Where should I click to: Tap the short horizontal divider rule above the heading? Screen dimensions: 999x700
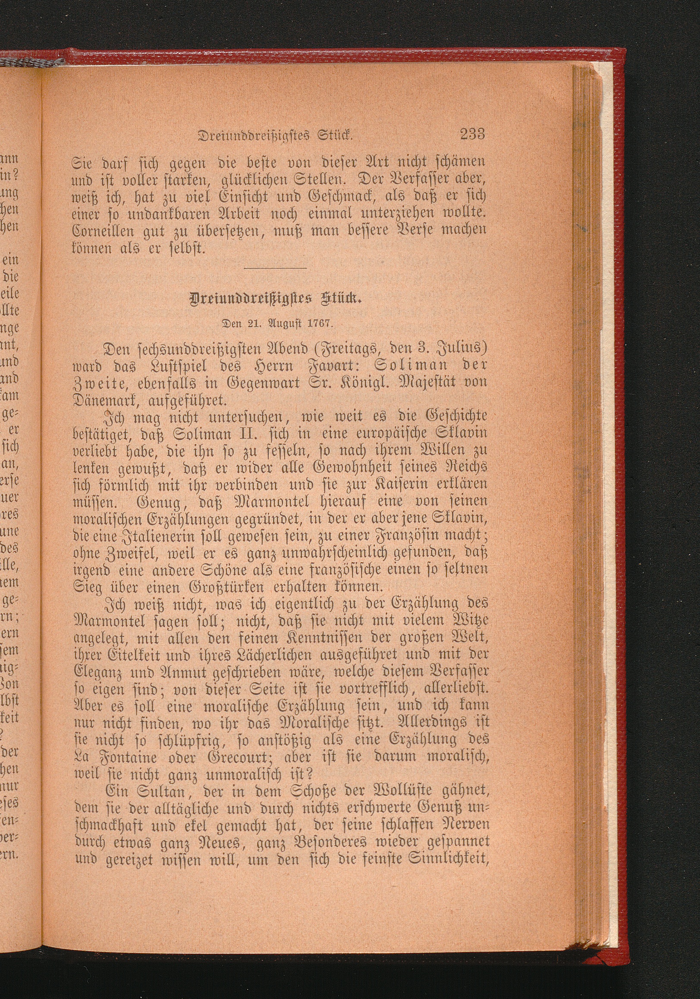coord(275,268)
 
